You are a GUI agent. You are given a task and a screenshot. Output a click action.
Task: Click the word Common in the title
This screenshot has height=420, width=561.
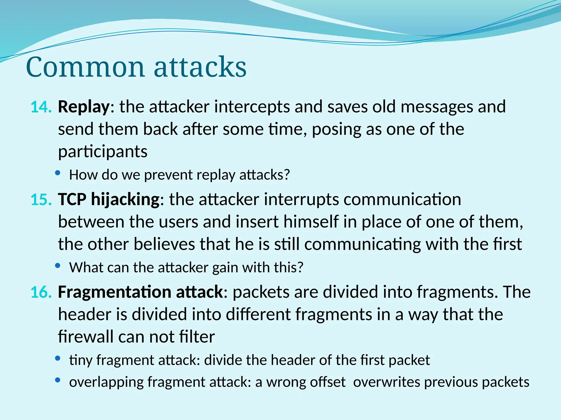pyautogui.click(x=85, y=67)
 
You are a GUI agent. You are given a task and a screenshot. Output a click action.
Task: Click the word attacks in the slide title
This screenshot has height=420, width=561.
pyautogui.click(x=200, y=67)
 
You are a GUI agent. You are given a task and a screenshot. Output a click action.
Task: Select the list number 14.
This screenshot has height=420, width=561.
pyautogui.click(x=41, y=107)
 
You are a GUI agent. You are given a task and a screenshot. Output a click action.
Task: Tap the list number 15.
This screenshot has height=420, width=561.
pyautogui.click(x=41, y=200)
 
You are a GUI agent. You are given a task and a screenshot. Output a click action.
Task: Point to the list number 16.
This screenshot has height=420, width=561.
pyautogui.click(x=41, y=292)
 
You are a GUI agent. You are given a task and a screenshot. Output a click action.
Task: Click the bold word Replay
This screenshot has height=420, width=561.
pyautogui.click(x=84, y=107)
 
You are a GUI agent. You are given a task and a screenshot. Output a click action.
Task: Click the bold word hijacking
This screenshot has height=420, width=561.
pyautogui.click(x=125, y=200)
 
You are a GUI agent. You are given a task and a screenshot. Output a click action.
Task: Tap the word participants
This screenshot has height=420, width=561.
pyautogui.click(x=103, y=152)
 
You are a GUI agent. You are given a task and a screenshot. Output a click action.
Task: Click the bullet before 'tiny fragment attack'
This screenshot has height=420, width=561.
pyautogui.click(x=58, y=358)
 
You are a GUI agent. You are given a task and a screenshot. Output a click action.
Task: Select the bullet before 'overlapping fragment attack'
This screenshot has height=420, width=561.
pyautogui.click(x=58, y=380)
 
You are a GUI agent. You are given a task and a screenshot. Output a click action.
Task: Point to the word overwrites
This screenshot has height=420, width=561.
pyautogui.click(x=386, y=382)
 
